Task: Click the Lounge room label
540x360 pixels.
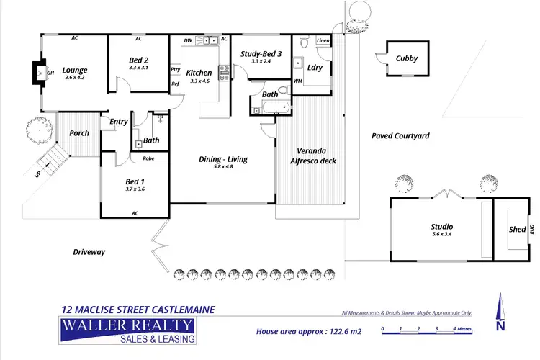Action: (x=74, y=71)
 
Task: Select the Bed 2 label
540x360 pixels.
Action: (x=138, y=60)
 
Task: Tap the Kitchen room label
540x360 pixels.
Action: (x=199, y=73)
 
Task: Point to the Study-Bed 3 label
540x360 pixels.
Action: (x=261, y=53)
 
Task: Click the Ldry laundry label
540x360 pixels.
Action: (x=315, y=67)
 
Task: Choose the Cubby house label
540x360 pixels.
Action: (x=408, y=59)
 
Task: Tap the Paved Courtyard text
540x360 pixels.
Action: (x=400, y=135)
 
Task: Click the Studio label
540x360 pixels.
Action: (x=441, y=227)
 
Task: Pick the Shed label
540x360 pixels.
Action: (x=518, y=230)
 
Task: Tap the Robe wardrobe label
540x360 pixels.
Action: (x=149, y=158)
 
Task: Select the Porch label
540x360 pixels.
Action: (x=78, y=133)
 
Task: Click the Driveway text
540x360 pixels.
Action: (x=89, y=252)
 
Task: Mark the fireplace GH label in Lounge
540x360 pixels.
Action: (x=50, y=73)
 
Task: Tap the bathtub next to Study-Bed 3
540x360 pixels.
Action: (x=274, y=109)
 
